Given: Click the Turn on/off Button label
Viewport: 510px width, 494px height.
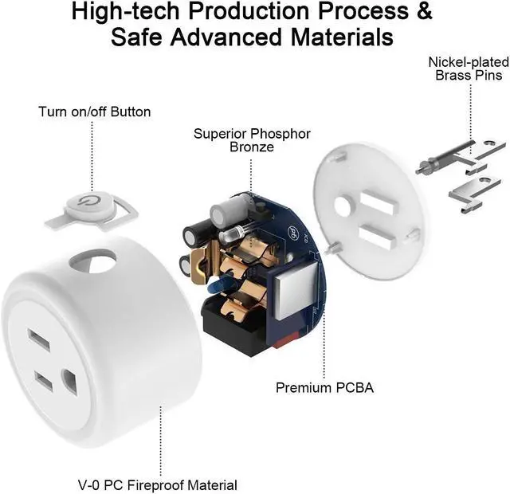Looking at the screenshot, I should [x=94, y=112].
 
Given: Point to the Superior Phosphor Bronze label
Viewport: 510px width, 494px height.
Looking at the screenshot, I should [x=252, y=139].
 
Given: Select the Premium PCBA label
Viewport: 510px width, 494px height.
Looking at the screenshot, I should [x=324, y=388].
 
